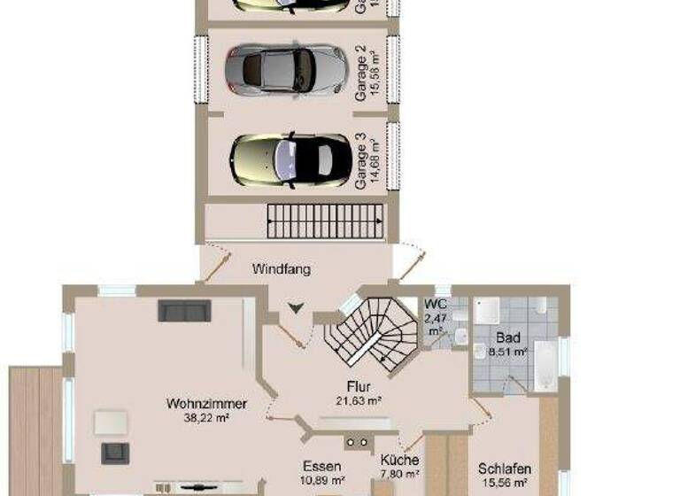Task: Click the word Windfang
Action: click(x=281, y=269)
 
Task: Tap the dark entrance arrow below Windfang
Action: click(x=295, y=308)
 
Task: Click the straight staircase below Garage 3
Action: click(x=325, y=221)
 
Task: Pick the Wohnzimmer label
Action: click(x=205, y=404)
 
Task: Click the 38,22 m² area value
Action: click(x=205, y=417)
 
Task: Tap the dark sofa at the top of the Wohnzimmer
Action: click(x=184, y=310)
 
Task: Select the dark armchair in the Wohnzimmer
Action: click(x=115, y=453)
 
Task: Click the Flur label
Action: click(x=359, y=387)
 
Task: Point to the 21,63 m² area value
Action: click(x=359, y=400)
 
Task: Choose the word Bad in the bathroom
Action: click(x=508, y=337)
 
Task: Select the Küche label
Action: click(x=399, y=461)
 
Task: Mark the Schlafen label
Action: click(x=505, y=469)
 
